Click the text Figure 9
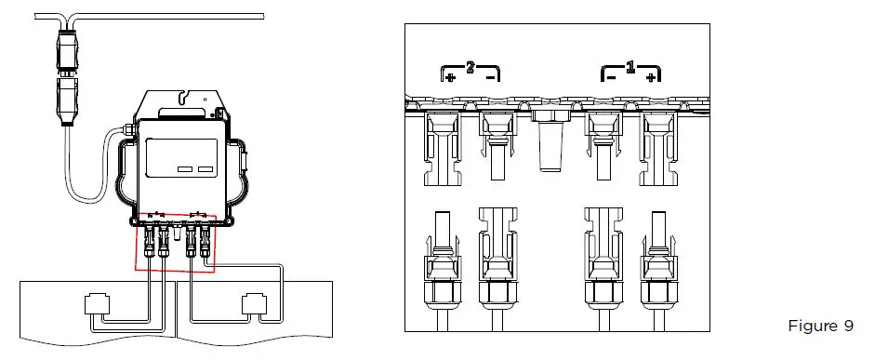pyautogui.click(x=819, y=326)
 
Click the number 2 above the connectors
pyautogui.click(x=471, y=67)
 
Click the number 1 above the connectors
pyautogui.click(x=630, y=67)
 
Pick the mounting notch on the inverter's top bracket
pyautogui.click(x=189, y=95)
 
